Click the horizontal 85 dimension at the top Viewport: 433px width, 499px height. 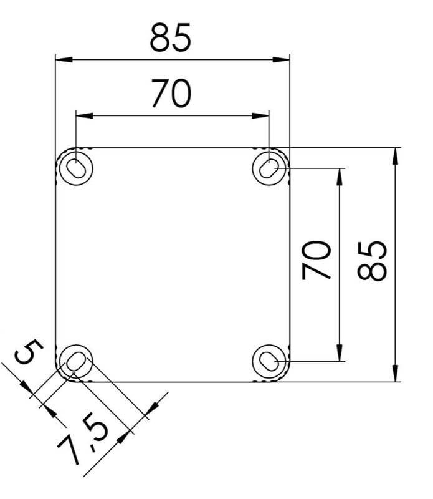pyautogui.click(x=171, y=37)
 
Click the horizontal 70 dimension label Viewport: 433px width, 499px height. pyautogui.click(x=172, y=93)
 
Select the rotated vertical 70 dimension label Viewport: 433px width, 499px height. pyautogui.click(x=316, y=260)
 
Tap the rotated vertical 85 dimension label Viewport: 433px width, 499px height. pyautogui.click(x=372, y=261)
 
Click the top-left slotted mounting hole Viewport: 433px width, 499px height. pyautogui.click(x=76, y=167)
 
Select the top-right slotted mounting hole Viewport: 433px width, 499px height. pyautogui.click(x=269, y=168)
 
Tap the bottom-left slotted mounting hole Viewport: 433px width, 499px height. pyautogui.click(x=75, y=361)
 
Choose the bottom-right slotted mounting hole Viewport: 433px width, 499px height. pyautogui.click(x=269, y=361)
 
